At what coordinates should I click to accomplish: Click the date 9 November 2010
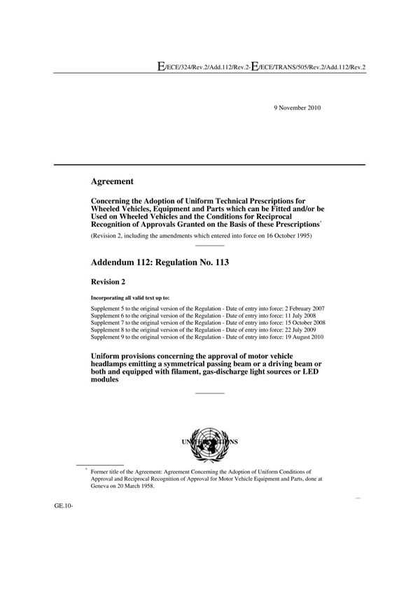(x=296, y=107)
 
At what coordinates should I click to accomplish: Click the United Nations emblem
(x=209, y=442)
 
